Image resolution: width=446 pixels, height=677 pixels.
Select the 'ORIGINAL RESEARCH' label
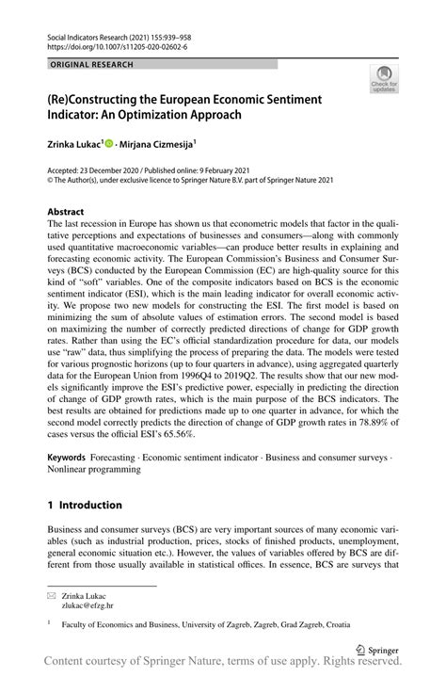(x=93, y=64)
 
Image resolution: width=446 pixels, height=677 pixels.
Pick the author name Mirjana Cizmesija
(x=157, y=144)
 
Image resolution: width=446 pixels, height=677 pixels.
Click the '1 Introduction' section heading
(x=85, y=505)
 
